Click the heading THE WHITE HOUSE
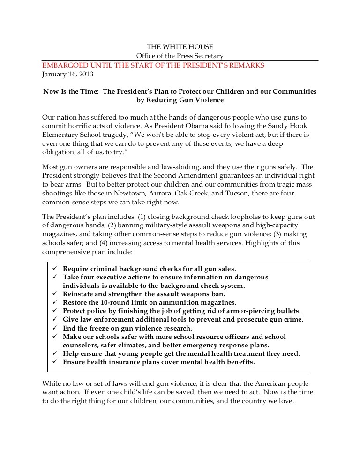[x=180, y=47]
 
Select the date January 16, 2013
[x=67, y=74]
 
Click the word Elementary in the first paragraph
[x=60, y=134]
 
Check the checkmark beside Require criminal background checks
[x=54, y=269]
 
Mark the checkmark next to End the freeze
[x=54, y=328]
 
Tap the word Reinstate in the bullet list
[x=79, y=294]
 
